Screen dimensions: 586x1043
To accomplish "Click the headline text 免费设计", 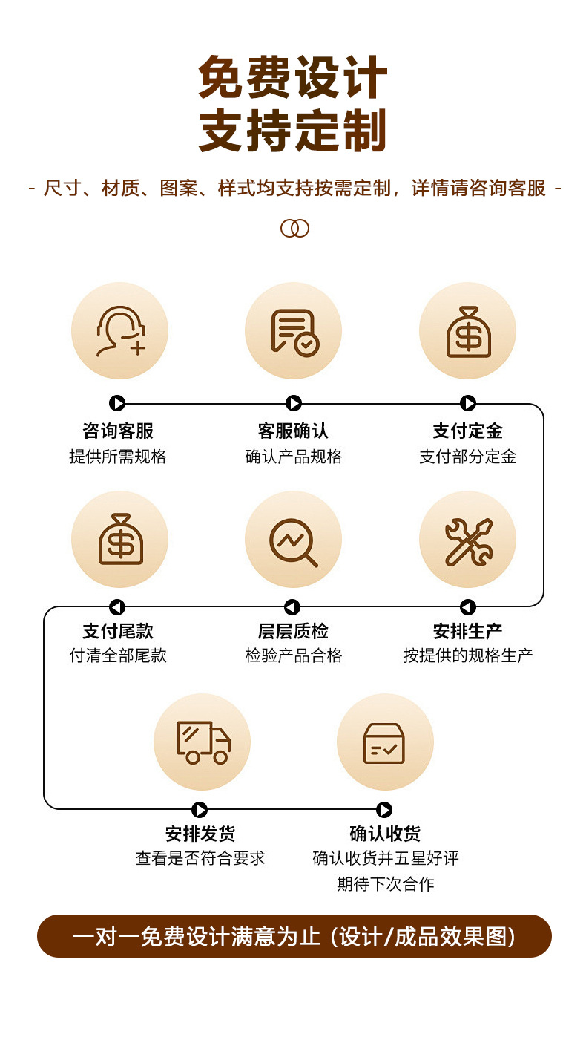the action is tap(293, 78).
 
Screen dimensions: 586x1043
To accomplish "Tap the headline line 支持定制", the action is tap(293, 131).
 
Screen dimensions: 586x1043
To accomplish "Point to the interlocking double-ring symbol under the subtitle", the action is tap(294, 228).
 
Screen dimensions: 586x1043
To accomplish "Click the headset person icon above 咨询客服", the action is tap(119, 331).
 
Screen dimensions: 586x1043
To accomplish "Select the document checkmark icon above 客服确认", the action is tap(294, 331).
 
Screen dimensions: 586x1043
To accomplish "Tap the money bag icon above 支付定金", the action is tap(468, 331).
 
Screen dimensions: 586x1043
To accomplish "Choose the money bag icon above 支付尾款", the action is tap(119, 540).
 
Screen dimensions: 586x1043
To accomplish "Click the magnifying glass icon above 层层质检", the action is tap(294, 540).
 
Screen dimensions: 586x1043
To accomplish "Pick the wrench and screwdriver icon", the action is tap(468, 540).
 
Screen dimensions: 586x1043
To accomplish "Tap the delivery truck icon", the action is tap(202, 742).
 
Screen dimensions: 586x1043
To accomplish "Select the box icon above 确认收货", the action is tap(384, 742).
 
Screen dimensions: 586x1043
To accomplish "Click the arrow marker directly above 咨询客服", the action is tap(117, 403).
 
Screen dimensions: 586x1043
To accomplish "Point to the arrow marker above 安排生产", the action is tap(467, 607).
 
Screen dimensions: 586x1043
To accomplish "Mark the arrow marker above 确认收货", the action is tap(384, 809).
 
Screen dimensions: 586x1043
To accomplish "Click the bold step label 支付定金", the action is tap(468, 431).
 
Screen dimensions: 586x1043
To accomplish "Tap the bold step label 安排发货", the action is tap(200, 834).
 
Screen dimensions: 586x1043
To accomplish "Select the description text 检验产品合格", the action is tap(294, 655).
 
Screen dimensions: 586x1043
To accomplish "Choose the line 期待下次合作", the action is tap(385, 884).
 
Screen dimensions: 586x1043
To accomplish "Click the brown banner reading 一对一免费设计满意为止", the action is tap(294, 936).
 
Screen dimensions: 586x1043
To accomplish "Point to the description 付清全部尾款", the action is tap(119, 655).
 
